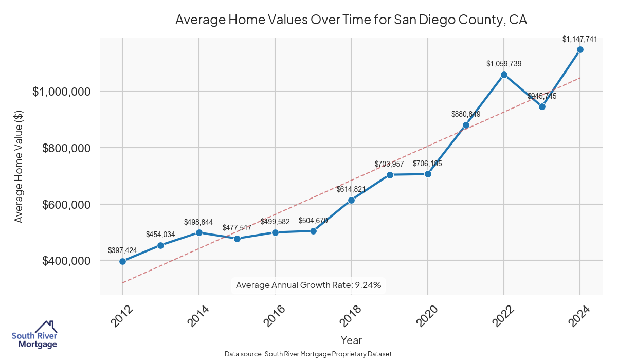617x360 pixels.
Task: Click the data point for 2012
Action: point(122,261)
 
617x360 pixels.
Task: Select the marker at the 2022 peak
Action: point(504,75)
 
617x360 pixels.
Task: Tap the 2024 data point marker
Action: point(580,49)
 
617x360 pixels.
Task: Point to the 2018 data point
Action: point(351,200)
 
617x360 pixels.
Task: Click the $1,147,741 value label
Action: point(580,39)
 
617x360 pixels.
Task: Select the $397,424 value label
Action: point(122,250)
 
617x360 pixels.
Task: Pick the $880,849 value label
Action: point(466,114)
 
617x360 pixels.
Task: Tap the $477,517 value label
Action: point(237,228)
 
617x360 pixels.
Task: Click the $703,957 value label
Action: point(390,164)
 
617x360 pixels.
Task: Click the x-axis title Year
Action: point(351,340)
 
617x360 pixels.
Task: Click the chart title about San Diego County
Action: point(351,20)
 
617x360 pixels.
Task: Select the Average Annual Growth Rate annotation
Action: point(308,285)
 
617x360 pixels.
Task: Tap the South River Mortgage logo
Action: point(34,335)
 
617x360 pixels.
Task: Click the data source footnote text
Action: point(308,354)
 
